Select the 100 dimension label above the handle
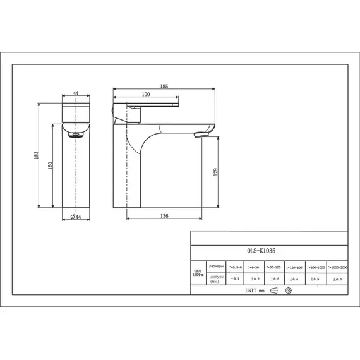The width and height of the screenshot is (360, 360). click(145, 93)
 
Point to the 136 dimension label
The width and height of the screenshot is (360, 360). click(164, 216)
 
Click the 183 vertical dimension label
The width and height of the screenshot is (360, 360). click(37, 155)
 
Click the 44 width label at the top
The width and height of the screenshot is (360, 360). click(75, 93)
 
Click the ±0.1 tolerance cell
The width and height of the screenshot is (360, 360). click(236, 279)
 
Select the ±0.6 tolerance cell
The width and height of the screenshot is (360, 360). click(337, 279)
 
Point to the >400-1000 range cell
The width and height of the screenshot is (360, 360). click(316, 267)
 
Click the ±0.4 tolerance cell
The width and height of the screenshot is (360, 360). click(294, 279)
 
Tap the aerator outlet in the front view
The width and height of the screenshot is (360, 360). click(75, 133)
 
